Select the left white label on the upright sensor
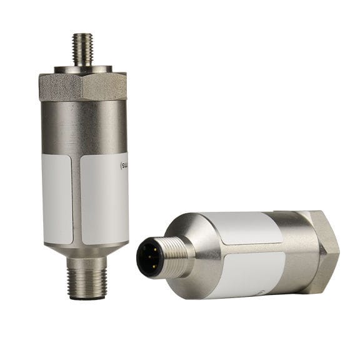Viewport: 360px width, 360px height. (57, 199)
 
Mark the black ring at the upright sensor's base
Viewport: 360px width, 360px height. (87, 297)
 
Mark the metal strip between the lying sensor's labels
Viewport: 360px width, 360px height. (250, 248)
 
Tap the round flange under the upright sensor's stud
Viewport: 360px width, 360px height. (82, 68)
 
